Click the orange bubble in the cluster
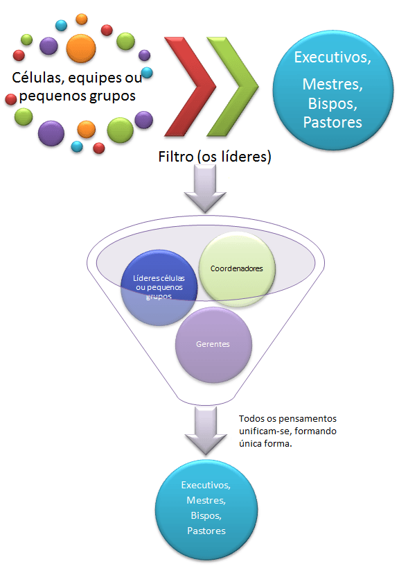point(80,47)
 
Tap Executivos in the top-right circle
point(332,58)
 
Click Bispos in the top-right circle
point(332,105)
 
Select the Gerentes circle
point(213,344)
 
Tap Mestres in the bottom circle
point(206,500)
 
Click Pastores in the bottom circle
point(206,531)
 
